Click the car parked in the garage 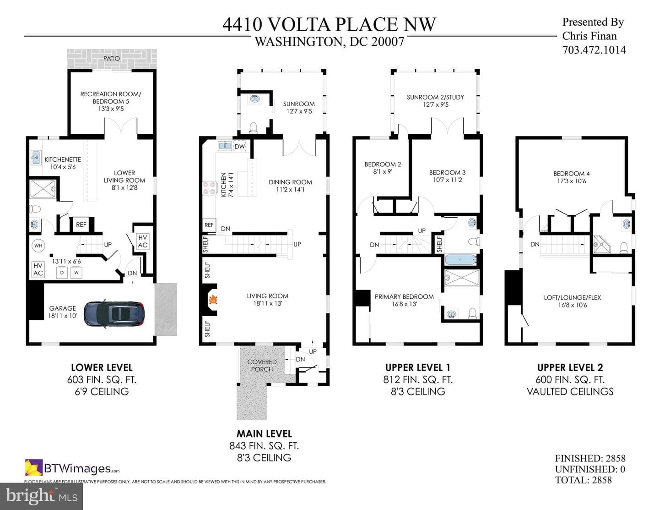(114, 314)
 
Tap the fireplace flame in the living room (213, 300)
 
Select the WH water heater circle (38, 246)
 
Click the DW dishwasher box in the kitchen (240, 147)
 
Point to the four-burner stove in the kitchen (210, 187)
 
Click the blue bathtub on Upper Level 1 (460, 260)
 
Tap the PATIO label (112, 58)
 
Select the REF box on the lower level (81, 225)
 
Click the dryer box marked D (62, 273)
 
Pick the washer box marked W (76, 273)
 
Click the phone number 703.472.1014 (594, 50)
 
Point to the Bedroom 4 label (571, 174)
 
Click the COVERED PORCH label (262, 366)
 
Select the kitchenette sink (36, 158)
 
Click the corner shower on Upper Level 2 (599, 244)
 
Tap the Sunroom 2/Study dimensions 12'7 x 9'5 (436, 105)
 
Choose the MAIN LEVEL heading (264, 433)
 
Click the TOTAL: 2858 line (583, 480)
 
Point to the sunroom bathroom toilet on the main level (253, 127)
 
